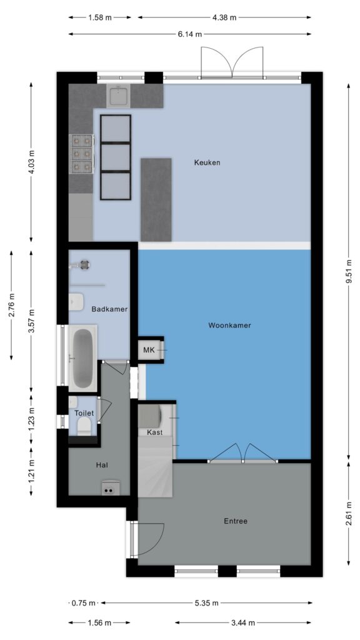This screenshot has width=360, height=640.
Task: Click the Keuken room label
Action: (x=207, y=163)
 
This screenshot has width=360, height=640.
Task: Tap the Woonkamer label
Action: (x=229, y=325)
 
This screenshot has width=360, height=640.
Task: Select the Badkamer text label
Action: (x=109, y=309)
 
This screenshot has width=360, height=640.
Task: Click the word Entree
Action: (x=236, y=521)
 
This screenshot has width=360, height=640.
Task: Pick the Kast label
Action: (x=155, y=432)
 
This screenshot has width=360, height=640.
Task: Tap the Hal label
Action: (x=102, y=465)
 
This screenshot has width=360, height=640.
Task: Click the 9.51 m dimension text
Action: (x=348, y=272)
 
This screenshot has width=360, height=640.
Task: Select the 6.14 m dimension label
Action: (x=189, y=34)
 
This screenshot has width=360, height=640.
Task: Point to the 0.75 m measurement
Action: (x=83, y=603)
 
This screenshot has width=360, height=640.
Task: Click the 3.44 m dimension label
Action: (x=242, y=623)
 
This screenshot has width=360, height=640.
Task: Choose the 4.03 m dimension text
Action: (x=31, y=162)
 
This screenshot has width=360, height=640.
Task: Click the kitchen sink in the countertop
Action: (x=118, y=96)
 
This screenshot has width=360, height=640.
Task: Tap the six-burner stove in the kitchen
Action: (x=82, y=154)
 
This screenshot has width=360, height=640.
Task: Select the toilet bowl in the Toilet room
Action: (x=84, y=426)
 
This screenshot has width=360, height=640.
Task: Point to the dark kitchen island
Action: (x=156, y=200)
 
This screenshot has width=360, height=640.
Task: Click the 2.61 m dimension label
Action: (x=348, y=514)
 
